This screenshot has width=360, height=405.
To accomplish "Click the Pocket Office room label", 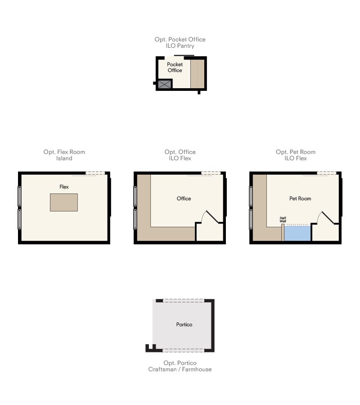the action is click(175, 67).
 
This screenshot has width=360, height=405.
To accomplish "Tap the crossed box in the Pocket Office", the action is click(165, 84).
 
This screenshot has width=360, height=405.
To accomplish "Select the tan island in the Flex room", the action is click(64, 202).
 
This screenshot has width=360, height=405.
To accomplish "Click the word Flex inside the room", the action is click(64, 187).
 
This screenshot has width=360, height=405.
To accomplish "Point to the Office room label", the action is click(184, 198).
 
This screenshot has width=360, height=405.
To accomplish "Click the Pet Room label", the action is click(300, 198).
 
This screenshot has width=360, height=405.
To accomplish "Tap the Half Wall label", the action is click(283, 220).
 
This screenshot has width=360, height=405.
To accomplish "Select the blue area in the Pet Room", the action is click(297, 234).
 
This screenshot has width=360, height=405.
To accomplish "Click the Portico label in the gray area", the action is click(184, 324).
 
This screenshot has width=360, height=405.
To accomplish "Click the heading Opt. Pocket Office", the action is click(180, 39).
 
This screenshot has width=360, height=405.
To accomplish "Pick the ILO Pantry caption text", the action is click(180, 46).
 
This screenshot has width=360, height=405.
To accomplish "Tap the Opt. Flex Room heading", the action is click(64, 152).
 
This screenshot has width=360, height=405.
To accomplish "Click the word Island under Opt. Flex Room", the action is click(64, 158).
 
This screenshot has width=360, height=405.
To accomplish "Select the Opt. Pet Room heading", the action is click(296, 152).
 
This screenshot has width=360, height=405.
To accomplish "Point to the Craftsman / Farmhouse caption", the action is click(180, 369).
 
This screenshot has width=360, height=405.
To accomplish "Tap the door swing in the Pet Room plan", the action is click(325, 217).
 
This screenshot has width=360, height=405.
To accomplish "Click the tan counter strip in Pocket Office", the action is click(198, 74).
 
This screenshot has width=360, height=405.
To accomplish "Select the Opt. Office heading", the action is click(180, 152).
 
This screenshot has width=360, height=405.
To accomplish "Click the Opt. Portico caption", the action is click(180, 363).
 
